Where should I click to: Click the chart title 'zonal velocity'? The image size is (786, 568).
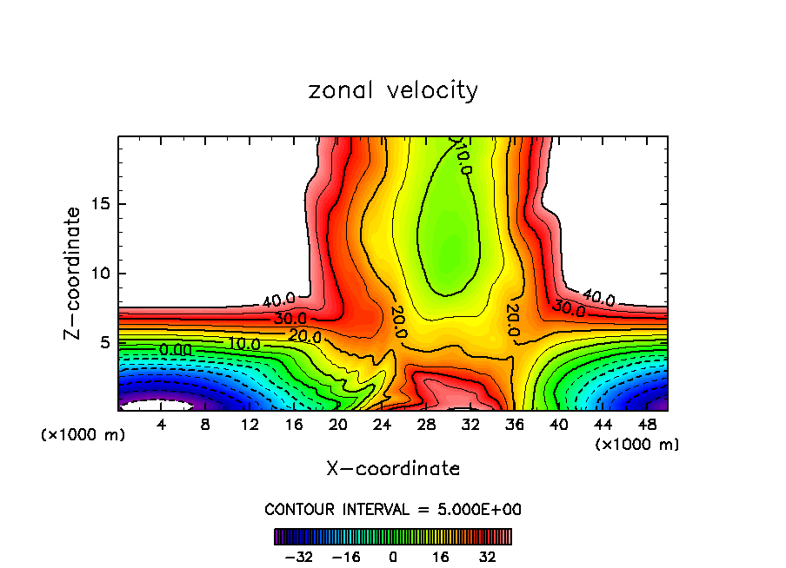[x=393, y=90]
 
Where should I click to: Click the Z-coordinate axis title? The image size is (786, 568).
[x=73, y=273]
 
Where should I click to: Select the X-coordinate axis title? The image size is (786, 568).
[x=393, y=469]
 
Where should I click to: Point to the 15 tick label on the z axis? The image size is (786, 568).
[x=100, y=205]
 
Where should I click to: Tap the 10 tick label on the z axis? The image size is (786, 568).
[x=100, y=274]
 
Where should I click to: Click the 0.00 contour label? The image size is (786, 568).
[x=176, y=350]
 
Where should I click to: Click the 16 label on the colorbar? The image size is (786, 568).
[x=442, y=556]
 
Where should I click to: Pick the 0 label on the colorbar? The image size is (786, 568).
[x=393, y=556]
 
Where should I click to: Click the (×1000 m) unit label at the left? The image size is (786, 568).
[x=83, y=435]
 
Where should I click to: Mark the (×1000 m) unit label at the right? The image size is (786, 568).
[x=637, y=445]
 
